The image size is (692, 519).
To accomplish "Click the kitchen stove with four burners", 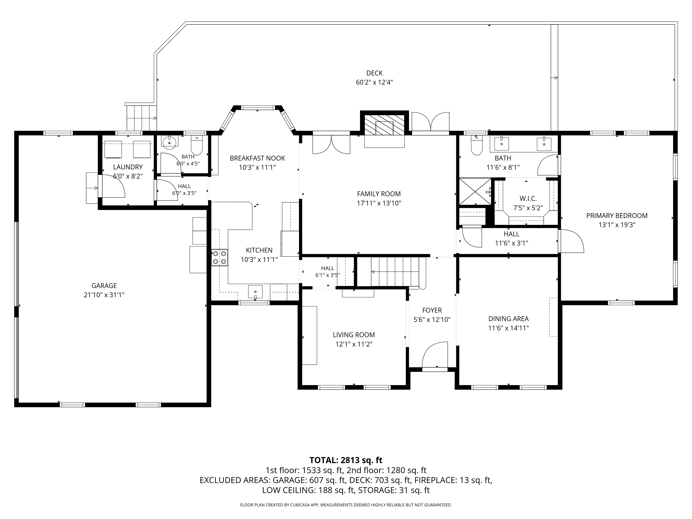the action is [220, 257].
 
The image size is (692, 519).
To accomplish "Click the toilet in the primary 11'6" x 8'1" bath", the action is [477, 146].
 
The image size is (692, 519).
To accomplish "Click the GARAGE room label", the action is [104, 286].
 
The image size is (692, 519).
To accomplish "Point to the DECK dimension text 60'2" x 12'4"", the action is [375, 82].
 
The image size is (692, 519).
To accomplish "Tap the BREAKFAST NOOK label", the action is [257, 158].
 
